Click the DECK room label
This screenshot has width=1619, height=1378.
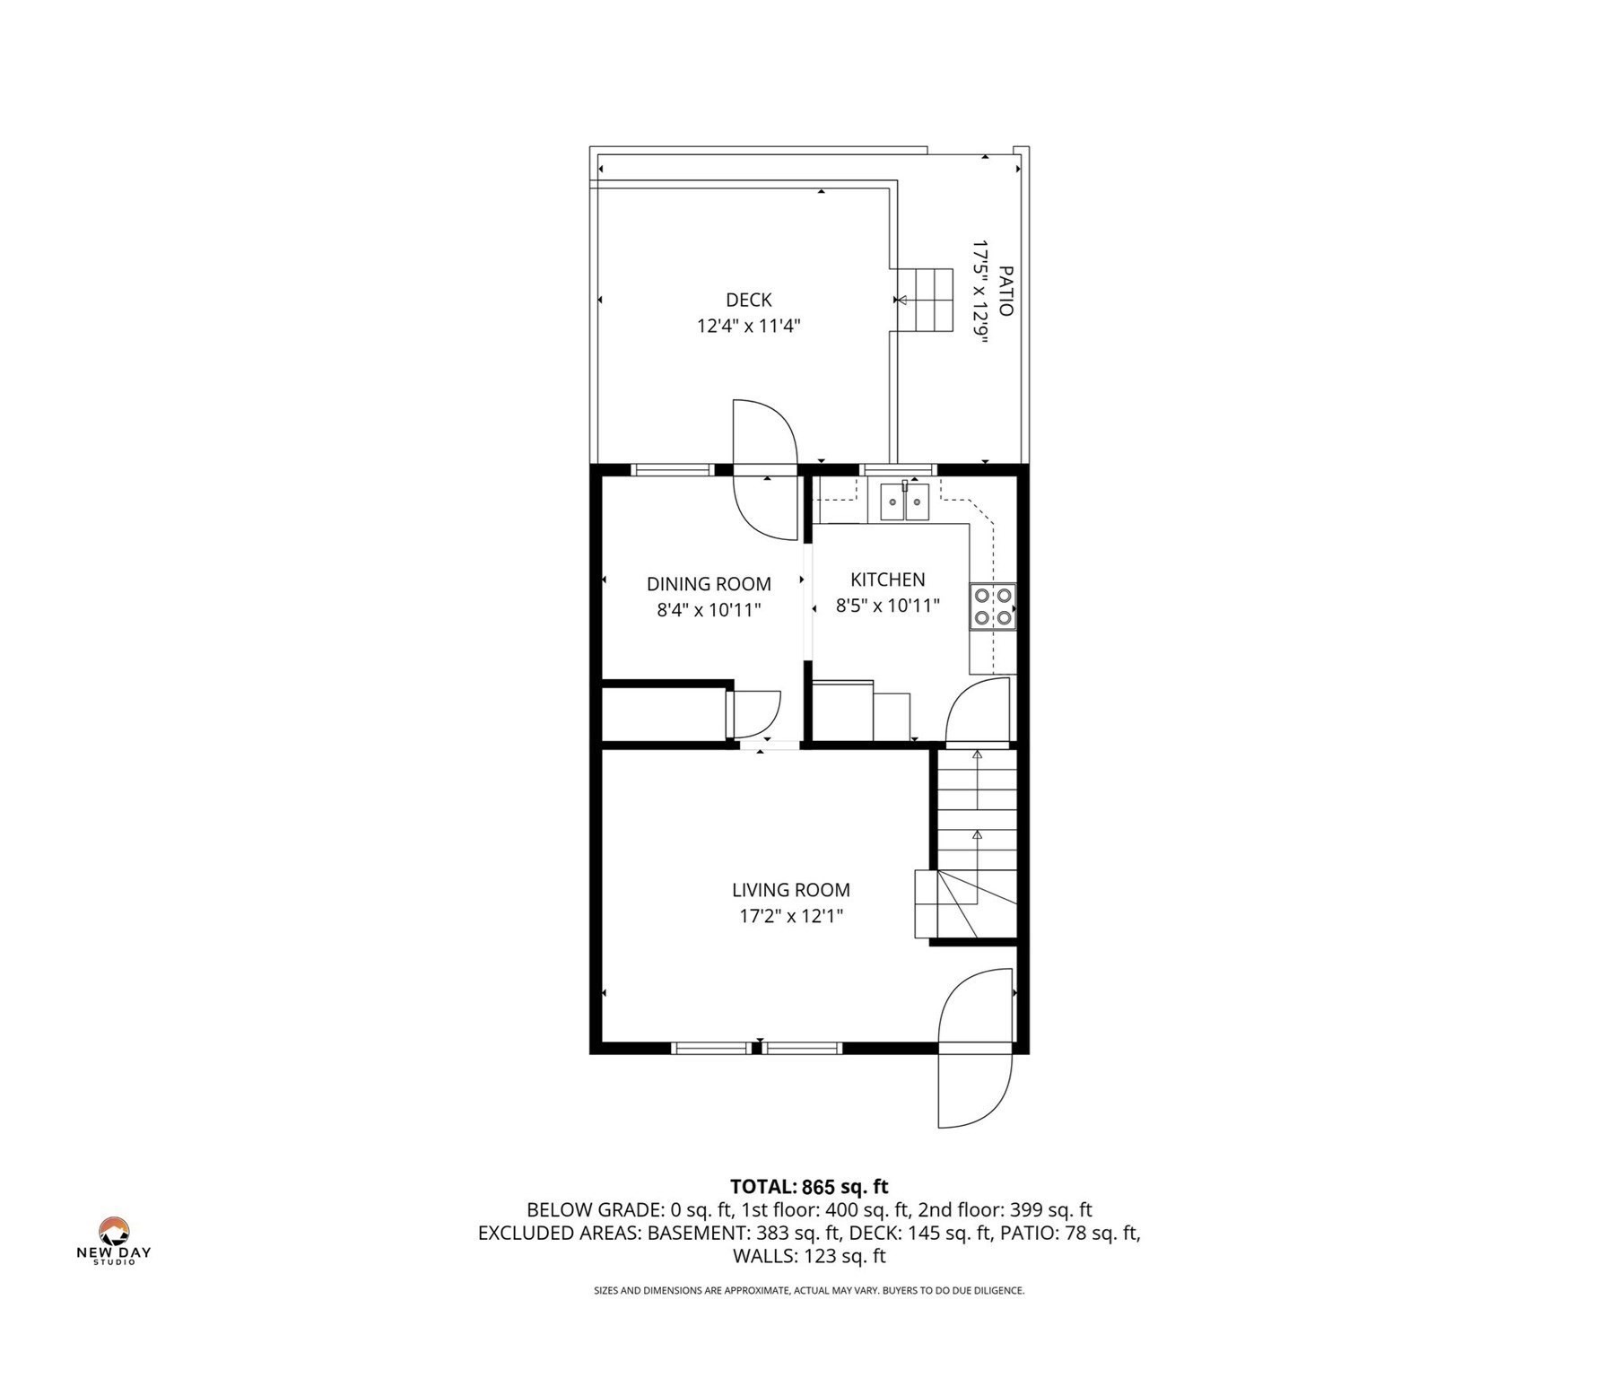[748, 300]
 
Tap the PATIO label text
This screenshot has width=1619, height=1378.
[1005, 291]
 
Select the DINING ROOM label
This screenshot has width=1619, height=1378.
[709, 584]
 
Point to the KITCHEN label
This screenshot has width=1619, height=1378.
[887, 580]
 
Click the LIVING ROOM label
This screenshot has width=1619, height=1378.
[790, 890]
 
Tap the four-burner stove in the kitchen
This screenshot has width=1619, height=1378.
[993, 606]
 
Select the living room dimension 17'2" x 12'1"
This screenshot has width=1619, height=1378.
[790, 916]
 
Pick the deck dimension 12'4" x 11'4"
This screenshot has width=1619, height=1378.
[748, 326]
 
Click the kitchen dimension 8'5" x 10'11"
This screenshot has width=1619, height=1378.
[887, 606]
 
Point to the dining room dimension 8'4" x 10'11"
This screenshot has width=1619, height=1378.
[709, 610]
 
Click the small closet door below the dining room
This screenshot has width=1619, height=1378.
[756, 714]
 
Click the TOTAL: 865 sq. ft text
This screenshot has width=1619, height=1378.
[809, 1187]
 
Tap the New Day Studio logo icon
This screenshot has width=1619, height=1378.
[114, 1232]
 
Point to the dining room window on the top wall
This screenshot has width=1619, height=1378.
[673, 469]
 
